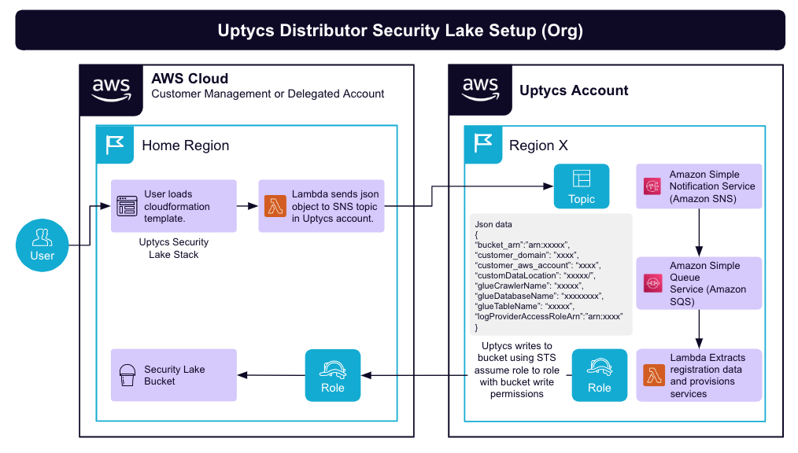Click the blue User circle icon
pyautogui.click(x=42, y=245)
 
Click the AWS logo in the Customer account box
pyautogui.click(x=111, y=89)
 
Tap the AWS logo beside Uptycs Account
pyautogui.click(x=479, y=89)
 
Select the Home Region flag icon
pyautogui.click(x=115, y=145)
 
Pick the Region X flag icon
pyautogui.click(x=483, y=145)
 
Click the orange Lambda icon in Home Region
pyautogui.click(x=275, y=206)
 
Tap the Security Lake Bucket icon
pyautogui.click(x=127, y=375)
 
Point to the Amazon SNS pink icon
pyautogui.click(x=652, y=186)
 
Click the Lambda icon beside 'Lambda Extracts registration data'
pyautogui.click(x=652, y=375)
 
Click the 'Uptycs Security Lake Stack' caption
pyautogui.click(x=174, y=249)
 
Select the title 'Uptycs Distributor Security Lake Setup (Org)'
pyautogui.click(x=400, y=31)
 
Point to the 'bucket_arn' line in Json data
pyautogui.click(x=522, y=245)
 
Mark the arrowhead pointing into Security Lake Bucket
pyautogui.click(x=243, y=375)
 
